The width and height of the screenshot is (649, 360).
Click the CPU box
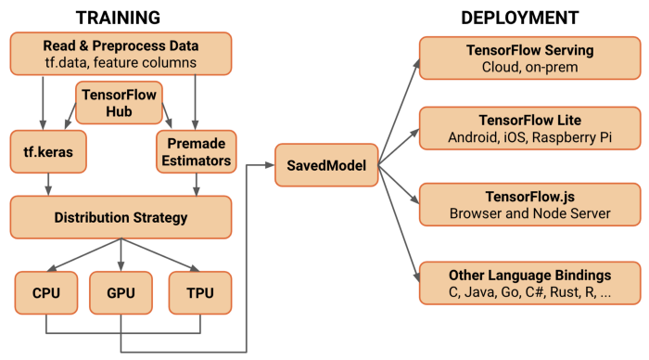click(x=45, y=292)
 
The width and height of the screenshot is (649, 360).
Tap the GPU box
click(x=121, y=292)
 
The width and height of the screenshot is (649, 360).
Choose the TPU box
click(x=199, y=292)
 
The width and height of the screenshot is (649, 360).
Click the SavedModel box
click(x=319, y=164)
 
